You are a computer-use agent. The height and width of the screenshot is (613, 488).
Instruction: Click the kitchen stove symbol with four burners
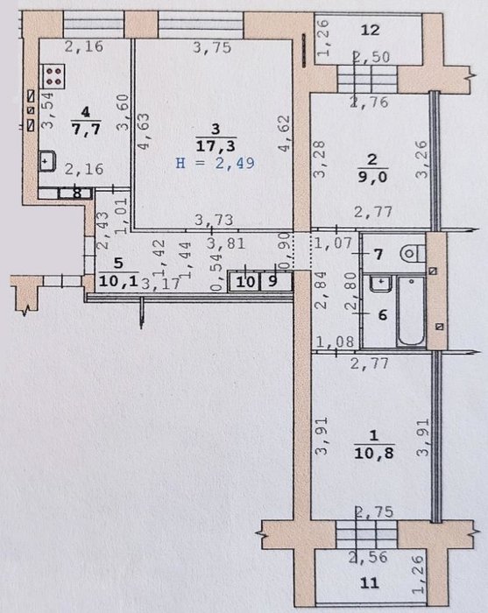(x=53, y=74)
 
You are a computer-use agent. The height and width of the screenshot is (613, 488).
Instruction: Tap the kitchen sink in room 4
(x=47, y=160)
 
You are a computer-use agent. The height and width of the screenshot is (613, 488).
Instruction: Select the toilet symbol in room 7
(x=413, y=254)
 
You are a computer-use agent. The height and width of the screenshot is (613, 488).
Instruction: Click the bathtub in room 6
(x=411, y=311)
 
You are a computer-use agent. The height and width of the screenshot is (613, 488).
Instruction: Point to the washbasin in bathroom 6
(x=379, y=283)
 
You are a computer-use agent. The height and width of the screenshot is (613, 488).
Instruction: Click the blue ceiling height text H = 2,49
(x=215, y=163)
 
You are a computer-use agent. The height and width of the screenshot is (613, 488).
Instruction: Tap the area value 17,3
(x=216, y=146)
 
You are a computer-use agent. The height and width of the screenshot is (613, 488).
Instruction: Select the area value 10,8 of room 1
(x=374, y=454)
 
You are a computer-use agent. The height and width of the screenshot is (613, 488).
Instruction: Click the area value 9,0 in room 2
(x=372, y=177)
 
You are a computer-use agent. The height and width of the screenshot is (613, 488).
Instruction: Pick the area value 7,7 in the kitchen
(x=86, y=128)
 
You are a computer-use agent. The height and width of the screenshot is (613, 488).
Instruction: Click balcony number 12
(x=370, y=30)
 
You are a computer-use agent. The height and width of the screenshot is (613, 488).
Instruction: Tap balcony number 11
(x=370, y=583)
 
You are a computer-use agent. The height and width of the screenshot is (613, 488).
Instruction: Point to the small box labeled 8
(x=76, y=194)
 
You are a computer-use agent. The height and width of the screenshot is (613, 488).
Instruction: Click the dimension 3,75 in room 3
(x=212, y=48)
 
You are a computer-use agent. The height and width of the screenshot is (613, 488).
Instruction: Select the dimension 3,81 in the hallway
(x=226, y=243)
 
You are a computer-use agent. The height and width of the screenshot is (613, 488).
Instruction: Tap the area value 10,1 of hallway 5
(x=118, y=281)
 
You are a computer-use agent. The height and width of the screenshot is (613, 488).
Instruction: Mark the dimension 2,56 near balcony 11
(x=369, y=557)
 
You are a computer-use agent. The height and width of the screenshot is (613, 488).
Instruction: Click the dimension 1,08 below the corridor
(x=335, y=342)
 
